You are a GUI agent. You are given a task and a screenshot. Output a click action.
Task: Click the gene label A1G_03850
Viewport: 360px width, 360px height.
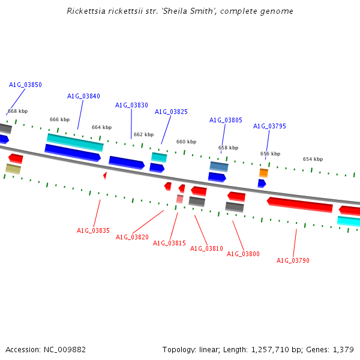pos(25,85)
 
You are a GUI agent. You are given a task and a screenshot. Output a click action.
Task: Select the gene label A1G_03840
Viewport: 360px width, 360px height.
pos(83,96)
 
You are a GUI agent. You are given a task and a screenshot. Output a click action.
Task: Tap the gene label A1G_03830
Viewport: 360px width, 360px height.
pos(131,105)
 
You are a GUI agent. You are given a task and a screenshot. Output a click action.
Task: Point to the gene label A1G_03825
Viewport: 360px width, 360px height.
pos(171,112)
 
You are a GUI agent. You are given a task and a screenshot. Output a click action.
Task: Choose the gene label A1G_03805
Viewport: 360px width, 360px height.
pos(226,120)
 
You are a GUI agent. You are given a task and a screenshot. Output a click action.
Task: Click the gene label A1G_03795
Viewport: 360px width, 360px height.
pos(269,126)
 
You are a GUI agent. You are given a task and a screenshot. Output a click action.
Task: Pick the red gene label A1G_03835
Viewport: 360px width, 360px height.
pos(93,230)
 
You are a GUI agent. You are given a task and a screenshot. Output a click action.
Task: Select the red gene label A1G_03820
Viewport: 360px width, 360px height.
pos(132,237)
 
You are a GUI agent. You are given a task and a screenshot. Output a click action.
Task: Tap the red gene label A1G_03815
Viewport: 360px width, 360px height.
pos(169,243)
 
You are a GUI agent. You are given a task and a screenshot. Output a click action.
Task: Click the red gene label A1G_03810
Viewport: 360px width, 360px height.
pos(206,248)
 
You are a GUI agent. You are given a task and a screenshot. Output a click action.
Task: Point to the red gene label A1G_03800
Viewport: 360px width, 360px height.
pos(243,254)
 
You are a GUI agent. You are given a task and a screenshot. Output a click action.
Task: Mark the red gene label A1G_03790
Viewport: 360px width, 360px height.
pos(293,260)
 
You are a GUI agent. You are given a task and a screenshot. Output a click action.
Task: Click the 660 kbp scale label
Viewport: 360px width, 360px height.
pos(186,142)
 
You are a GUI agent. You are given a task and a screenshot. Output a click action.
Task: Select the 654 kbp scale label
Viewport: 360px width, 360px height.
pos(313,159)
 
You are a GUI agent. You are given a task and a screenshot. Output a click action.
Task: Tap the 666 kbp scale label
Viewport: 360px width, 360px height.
pos(59,119)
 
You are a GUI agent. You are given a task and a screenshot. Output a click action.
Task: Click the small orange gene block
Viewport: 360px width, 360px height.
pos(263,173)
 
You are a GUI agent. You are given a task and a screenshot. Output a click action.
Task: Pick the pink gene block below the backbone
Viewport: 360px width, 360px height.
pos(179,199)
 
